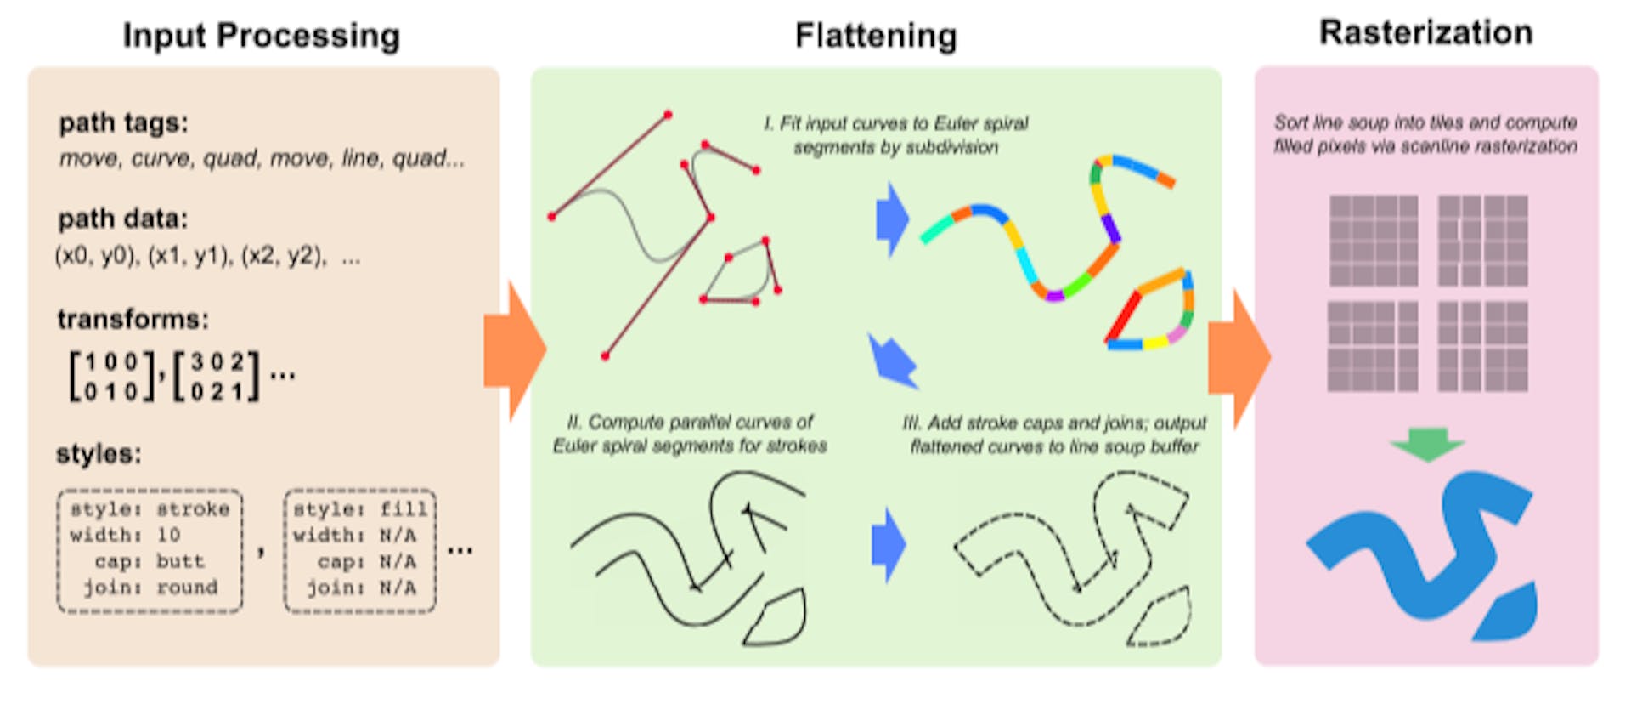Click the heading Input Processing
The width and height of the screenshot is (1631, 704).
click(x=261, y=36)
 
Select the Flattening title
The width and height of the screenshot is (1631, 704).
click(x=875, y=36)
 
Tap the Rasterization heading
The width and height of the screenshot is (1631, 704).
click(x=1425, y=32)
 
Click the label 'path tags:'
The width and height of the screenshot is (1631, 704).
click(x=123, y=123)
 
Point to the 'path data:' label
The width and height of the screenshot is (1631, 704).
click(x=123, y=219)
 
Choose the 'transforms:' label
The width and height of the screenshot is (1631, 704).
click(x=133, y=319)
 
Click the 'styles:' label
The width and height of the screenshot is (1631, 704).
click(x=99, y=453)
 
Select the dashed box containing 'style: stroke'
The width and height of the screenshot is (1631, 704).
click(x=150, y=550)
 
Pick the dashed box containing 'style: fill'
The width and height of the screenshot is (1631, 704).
click(x=359, y=550)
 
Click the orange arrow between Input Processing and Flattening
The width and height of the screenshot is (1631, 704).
click(x=513, y=351)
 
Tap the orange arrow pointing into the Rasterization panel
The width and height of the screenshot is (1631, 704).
click(x=1239, y=357)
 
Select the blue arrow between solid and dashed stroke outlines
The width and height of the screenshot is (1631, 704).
click(x=888, y=545)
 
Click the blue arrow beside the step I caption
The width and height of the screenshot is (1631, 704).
click(x=892, y=219)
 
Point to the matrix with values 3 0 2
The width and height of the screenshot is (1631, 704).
click(x=217, y=376)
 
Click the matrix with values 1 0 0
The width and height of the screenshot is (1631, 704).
click(x=112, y=376)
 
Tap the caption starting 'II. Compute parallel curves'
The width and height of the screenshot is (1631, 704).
click(x=690, y=434)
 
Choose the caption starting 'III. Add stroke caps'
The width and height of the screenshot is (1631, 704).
click(x=1053, y=434)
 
